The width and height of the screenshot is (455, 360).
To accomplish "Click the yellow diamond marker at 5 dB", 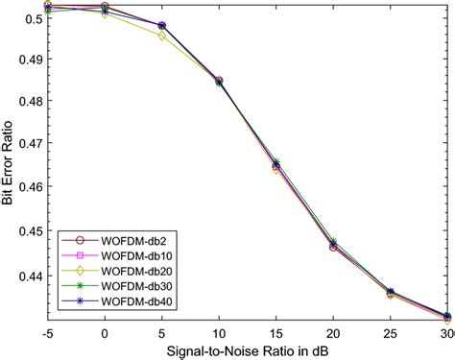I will pyautogui.click(x=161, y=36).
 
